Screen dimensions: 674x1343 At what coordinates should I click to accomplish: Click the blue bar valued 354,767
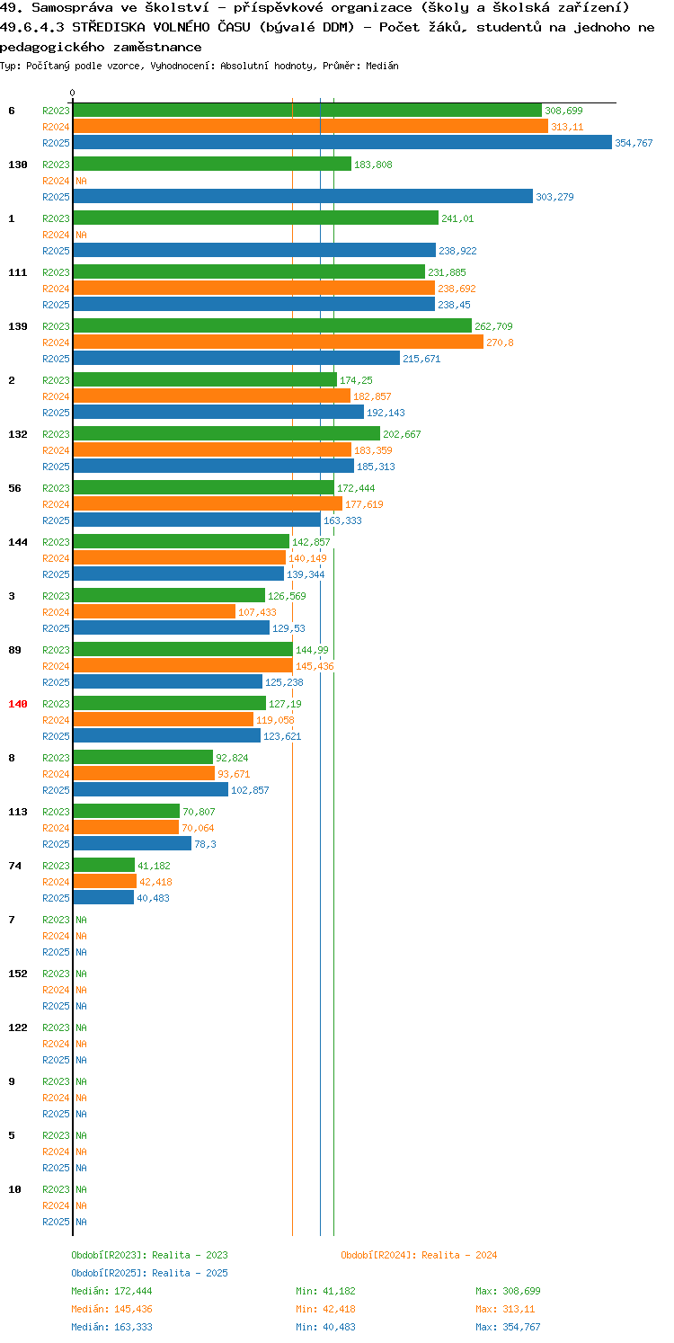(x=342, y=143)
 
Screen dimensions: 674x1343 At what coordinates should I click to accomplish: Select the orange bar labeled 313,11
(x=311, y=127)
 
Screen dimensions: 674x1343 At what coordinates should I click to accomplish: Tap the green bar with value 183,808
(x=212, y=165)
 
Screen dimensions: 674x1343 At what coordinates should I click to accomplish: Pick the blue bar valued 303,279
(x=303, y=197)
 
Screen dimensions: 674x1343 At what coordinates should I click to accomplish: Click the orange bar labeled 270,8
(x=279, y=342)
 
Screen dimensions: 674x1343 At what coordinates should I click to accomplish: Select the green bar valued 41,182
(x=103, y=865)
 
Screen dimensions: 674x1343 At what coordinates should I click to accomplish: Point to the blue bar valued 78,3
(x=132, y=843)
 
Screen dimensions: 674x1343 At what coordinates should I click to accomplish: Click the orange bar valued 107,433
(x=154, y=611)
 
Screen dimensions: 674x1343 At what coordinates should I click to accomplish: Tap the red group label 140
(x=18, y=704)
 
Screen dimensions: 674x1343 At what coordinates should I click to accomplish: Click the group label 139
(x=18, y=326)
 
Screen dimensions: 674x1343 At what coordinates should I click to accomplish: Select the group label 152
(x=18, y=974)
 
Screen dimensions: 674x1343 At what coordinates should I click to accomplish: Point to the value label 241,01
(x=457, y=218)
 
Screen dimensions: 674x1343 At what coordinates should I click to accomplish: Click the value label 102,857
(x=250, y=790)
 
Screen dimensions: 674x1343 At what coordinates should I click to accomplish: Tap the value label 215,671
(x=421, y=359)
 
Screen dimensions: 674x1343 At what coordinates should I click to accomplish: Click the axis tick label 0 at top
(x=73, y=93)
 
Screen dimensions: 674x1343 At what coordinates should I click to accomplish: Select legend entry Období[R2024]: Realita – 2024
(x=419, y=1255)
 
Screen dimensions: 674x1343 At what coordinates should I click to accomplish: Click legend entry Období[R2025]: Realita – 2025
(x=149, y=1273)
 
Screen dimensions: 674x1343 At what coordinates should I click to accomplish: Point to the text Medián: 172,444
(x=111, y=1291)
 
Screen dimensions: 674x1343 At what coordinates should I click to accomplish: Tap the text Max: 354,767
(x=508, y=1327)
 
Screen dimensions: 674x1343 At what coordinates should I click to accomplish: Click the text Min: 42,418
(x=325, y=1309)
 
